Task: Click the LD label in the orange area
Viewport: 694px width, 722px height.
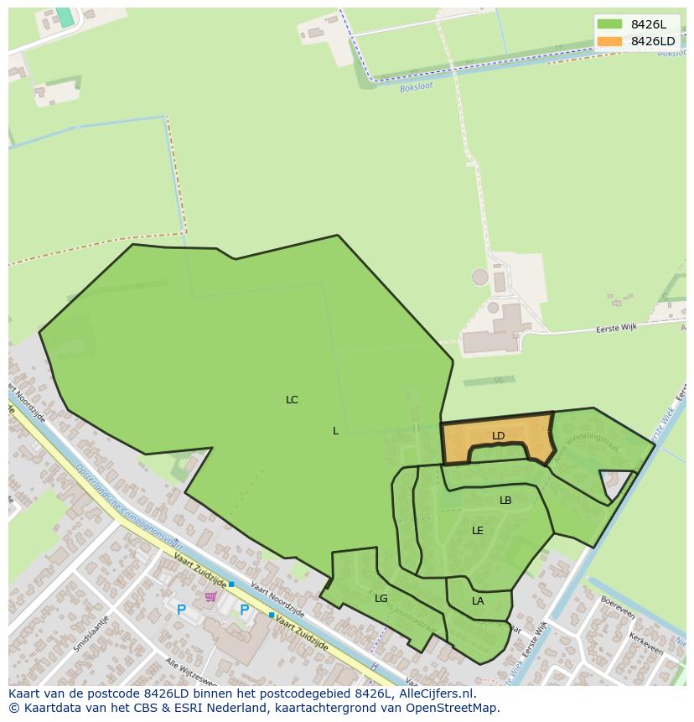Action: (498, 436)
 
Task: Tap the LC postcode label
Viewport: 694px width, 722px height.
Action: (292, 400)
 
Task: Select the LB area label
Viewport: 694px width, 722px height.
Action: (505, 501)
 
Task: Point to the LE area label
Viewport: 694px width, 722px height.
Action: (478, 531)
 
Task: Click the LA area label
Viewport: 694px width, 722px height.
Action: (478, 601)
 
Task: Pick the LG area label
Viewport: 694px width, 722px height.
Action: (381, 599)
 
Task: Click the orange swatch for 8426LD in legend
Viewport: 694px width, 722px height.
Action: (609, 41)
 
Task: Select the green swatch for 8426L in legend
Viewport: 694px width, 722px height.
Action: (609, 24)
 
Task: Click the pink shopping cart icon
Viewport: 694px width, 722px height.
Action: (210, 597)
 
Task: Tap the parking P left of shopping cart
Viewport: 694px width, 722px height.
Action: (181, 610)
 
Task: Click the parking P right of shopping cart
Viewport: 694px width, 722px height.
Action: (244, 610)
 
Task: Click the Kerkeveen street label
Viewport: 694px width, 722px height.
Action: (646, 651)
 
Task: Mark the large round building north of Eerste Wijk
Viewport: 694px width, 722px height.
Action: (479, 277)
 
